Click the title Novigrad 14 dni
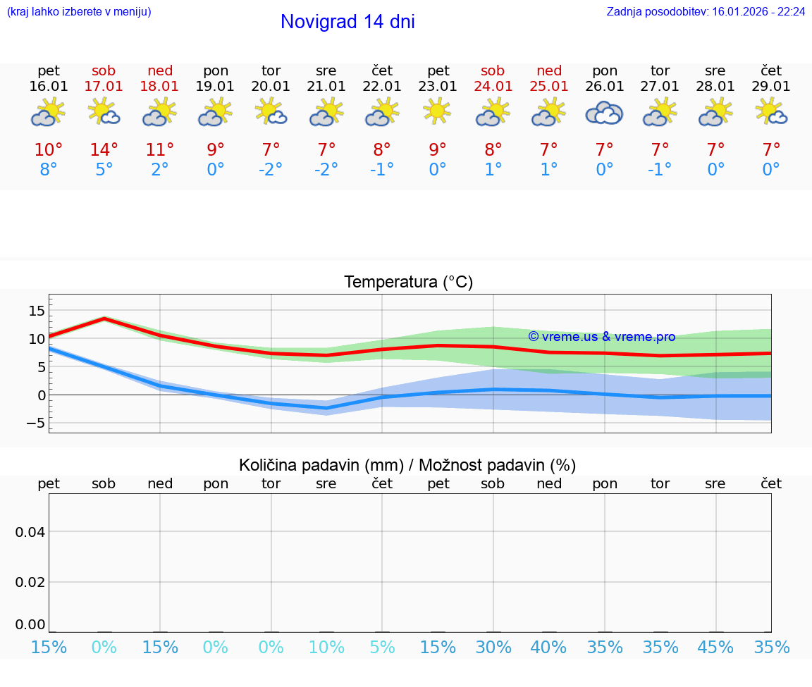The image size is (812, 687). point(347,22)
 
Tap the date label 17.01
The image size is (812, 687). point(104,87)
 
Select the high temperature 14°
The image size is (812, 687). point(104,150)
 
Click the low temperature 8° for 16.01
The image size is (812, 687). point(48,170)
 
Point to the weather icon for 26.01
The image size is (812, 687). point(604,113)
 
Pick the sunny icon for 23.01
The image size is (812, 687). point(438,111)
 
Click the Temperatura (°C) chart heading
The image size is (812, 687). point(408,283)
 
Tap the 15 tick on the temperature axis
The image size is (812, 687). point(37,311)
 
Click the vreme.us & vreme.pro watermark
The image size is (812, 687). point(602,337)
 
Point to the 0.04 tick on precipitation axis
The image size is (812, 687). point(30,532)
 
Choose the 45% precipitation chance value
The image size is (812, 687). point(715,647)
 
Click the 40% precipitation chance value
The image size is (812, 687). point(548,647)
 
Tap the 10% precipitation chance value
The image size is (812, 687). point(326,647)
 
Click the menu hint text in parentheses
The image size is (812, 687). point(79,12)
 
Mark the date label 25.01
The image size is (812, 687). point(549,87)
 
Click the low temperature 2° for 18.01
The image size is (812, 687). point(159,170)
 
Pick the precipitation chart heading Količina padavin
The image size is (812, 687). point(407,465)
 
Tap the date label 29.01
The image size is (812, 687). point(771,87)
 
